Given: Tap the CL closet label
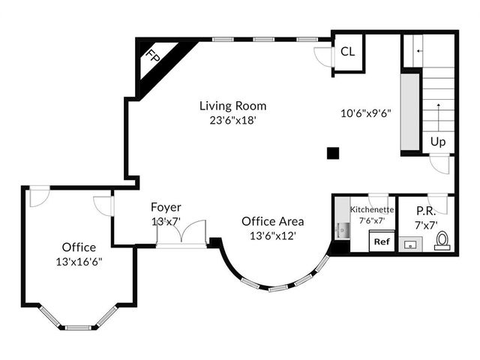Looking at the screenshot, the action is (x=348, y=52).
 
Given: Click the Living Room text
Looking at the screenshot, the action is (x=233, y=106).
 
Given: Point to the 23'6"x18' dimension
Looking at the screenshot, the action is (x=232, y=121).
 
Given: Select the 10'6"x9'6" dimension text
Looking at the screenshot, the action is (x=366, y=113).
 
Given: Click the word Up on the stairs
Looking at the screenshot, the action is (x=438, y=142).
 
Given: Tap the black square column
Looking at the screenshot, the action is (x=333, y=153).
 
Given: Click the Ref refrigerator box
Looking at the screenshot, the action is (x=382, y=241).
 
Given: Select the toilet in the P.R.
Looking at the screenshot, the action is (x=442, y=241).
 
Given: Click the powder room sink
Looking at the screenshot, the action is (x=410, y=244).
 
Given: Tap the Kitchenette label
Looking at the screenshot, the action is (x=372, y=210).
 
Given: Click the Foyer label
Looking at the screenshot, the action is (x=166, y=207).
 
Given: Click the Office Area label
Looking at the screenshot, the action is (x=273, y=221).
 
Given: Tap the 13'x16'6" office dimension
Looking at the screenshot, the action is (x=79, y=262).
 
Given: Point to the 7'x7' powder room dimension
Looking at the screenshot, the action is (x=426, y=226).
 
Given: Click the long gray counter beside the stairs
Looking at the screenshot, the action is (x=410, y=112).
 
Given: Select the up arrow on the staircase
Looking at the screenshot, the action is (x=438, y=118).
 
